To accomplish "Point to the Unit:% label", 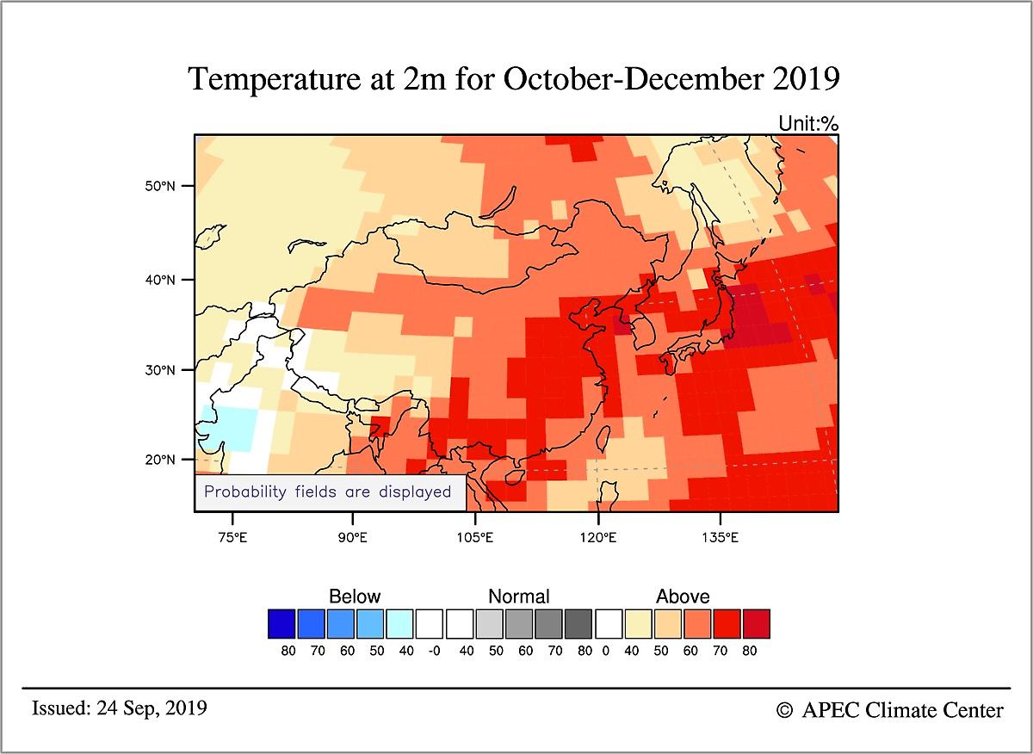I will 807,124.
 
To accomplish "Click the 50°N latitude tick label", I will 161,187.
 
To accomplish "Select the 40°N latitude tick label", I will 161,280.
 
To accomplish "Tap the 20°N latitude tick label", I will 161,460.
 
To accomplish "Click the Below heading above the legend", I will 355,596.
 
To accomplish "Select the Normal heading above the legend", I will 518,596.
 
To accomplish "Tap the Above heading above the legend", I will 683,596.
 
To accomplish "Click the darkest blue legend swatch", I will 281,624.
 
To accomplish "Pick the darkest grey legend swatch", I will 578,624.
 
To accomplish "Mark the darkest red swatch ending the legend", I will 755,624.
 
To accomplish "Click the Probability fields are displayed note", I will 327,492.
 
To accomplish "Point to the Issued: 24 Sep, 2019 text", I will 119,708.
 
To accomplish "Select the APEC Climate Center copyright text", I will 890,710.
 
